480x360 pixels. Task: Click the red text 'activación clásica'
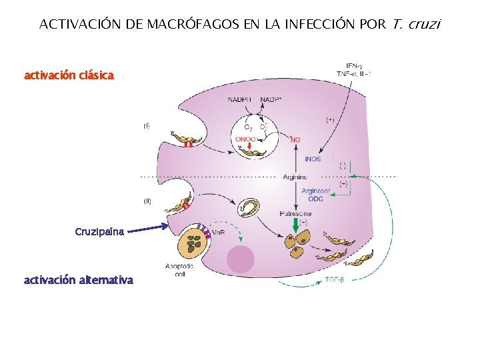coord(69,76)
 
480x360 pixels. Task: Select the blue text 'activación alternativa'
coord(79,280)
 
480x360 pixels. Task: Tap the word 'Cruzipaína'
coord(99,232)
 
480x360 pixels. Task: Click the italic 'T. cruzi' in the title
coord(417,25)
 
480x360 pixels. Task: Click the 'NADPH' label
coord(239,100)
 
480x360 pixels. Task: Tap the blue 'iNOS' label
coord(313,159)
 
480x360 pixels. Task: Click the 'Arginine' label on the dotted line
coord(295,177)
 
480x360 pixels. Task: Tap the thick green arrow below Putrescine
coord(295,227)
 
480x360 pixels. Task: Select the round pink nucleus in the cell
coord(240,259)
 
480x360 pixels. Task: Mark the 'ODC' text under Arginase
coord(315,199)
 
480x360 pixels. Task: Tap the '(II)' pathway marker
coord(147,201)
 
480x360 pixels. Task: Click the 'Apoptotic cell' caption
coord(180,269)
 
